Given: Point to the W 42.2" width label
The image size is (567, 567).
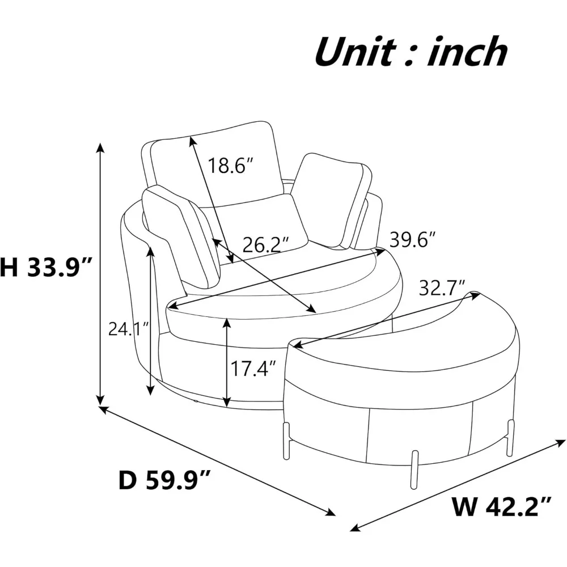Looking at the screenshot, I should coord(501,504).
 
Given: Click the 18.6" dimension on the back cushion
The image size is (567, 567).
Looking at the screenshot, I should coord(230,166).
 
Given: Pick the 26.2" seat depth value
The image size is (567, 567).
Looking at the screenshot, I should coord(265,244).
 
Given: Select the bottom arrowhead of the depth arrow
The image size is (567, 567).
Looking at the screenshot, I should coord(331,513).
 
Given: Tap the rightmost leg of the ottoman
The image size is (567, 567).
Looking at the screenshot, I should coord(511,437).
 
